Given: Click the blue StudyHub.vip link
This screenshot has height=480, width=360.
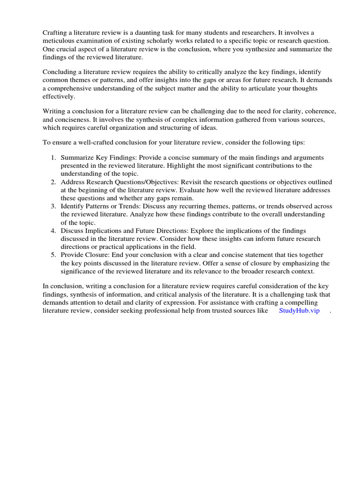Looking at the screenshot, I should [299, 311].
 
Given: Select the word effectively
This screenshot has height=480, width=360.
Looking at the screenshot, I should [59, 97].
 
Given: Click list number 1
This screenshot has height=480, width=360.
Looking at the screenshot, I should [53, 157].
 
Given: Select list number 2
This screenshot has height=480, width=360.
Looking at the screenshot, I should [53, 182].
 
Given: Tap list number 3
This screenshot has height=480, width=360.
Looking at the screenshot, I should [53, 206].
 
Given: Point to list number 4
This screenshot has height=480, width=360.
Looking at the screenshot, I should [53, 231].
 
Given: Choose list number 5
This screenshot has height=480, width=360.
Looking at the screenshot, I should [53, 255].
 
